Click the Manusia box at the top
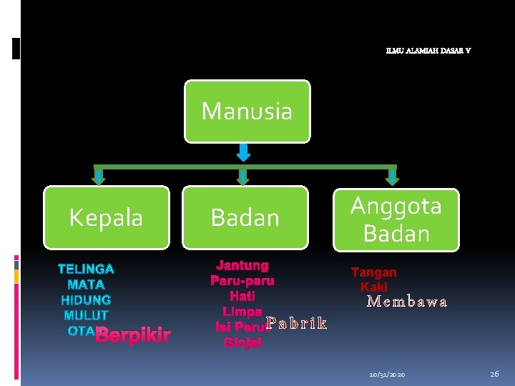pos(247,112)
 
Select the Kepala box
pos(106,217)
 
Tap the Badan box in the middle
pos(245,217)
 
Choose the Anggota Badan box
pos(396,219)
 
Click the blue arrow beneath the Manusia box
pos(243,152)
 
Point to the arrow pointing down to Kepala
pos(99,176)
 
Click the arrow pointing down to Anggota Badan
pos(391,176)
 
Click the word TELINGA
pos(86,269)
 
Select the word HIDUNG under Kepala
pos(86,300)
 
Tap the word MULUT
pos(86,315)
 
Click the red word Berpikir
pos(133,335)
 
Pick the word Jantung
pos(242,265)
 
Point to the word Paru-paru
pos(242,280)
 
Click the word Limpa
pos(242,312)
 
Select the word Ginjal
pos(242,342)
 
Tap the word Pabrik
pos(297,324)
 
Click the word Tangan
pos(373,272)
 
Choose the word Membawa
pos(407,302)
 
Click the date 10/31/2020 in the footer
pos(387,375)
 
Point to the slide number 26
pos(494,374)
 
